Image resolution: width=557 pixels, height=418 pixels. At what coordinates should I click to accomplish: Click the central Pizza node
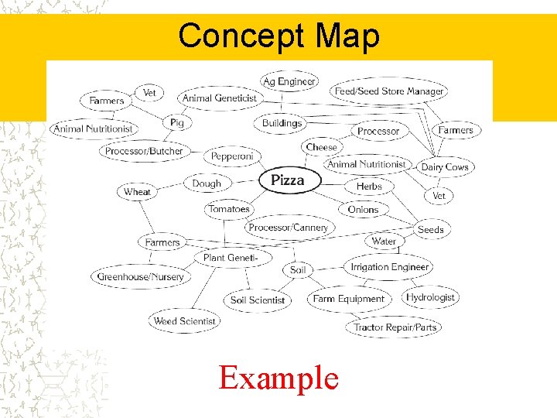point(287,180)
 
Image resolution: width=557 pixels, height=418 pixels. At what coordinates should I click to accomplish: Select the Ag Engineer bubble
point(289,81)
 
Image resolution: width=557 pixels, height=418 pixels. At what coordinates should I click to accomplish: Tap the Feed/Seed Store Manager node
point(389,91)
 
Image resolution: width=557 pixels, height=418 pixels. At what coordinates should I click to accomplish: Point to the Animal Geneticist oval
point(220,98)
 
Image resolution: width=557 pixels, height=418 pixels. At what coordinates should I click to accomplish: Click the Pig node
point(177,122)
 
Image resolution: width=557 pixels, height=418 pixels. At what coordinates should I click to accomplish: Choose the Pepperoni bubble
point(232,156)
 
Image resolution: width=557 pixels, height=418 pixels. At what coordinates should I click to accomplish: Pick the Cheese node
point(321,147)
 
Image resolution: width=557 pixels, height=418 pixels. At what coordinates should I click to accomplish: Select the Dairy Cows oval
point(445,166)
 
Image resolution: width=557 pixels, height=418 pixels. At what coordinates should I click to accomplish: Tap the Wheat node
point(137,192)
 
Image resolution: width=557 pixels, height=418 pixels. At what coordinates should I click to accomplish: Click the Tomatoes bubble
point(228,209)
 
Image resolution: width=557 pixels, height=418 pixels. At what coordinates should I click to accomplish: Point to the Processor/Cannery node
point(289,228)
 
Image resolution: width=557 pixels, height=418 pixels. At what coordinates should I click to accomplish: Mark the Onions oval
point(363,209)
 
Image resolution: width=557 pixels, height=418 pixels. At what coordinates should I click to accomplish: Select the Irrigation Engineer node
point(389,267)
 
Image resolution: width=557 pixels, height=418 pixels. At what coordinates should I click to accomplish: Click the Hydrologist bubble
point(430,297)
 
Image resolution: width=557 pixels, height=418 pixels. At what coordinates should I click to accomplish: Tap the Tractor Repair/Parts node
point(395,327)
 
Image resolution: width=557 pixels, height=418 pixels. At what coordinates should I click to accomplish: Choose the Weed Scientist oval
point(185,320)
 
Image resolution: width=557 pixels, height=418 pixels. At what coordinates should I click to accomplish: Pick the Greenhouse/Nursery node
point(141,276)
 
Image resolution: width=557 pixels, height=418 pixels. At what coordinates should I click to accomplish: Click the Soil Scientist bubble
point(258,300)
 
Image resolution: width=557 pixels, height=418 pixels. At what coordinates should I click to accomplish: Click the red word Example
point(278,379)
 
